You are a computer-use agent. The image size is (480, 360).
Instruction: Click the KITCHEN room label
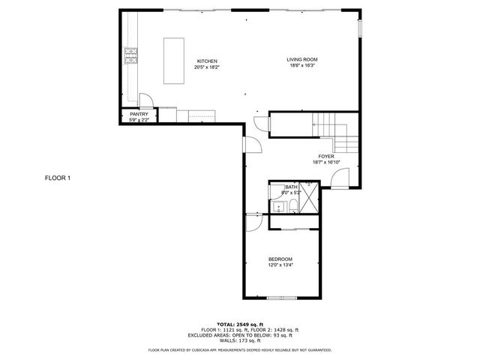point(207,61)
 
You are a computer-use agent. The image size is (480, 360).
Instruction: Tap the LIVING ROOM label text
point(302,59)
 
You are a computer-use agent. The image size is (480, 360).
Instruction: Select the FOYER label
point(325,156)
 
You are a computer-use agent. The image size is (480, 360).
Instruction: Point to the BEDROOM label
point(280,259)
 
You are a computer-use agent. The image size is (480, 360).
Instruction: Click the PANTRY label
point(139,114)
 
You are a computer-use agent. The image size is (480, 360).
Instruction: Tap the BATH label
point(290,187)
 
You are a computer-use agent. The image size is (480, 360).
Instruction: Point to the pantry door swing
point(147,102)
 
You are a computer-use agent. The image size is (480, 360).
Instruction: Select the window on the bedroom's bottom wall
point(281,298)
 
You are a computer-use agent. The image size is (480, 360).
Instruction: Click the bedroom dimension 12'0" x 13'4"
point(280,265)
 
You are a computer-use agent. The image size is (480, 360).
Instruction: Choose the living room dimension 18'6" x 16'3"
point(302,66)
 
